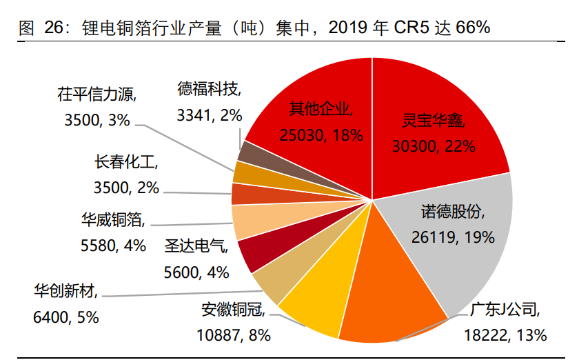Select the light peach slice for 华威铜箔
[x=245, y=222]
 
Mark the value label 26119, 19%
[x=453, y=237]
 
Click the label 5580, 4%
[x=113, y=245]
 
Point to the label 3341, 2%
[x=210, y=114]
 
